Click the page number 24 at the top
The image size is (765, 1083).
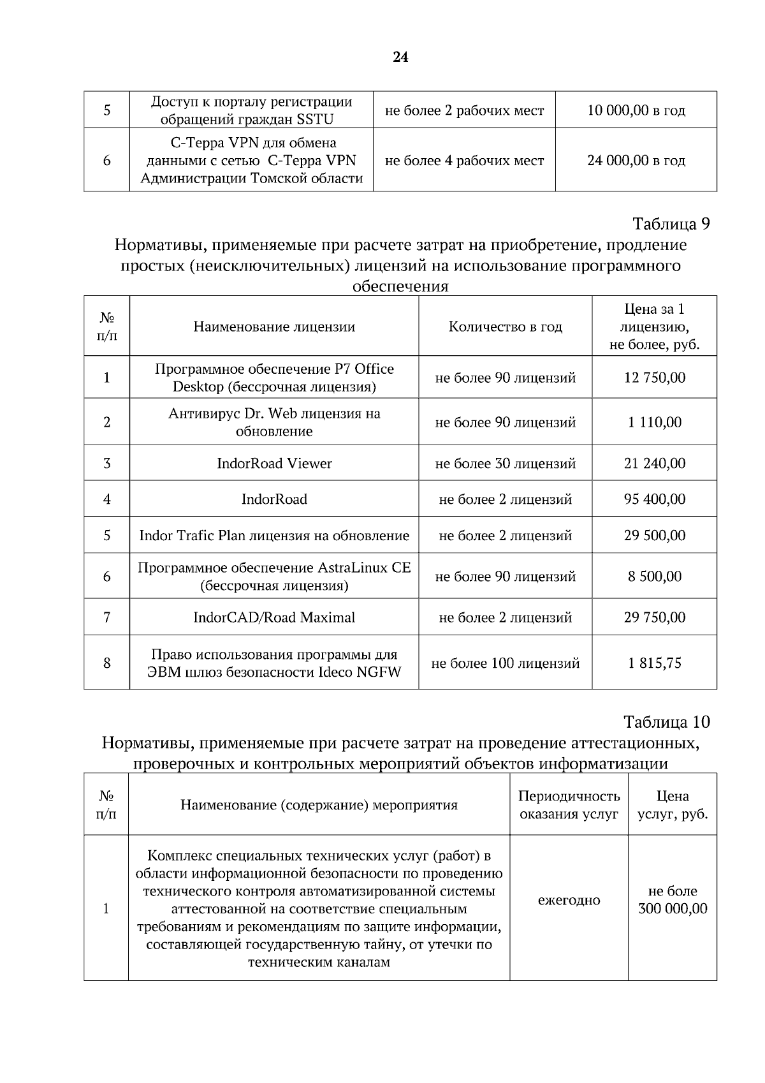[x=400, y=57]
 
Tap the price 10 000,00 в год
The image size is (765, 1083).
[x=636, y=110]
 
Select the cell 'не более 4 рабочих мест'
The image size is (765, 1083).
[x=464, y=160]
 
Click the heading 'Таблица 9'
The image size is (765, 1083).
[x=671, y=224]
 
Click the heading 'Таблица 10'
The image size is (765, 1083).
[x=666, y=722]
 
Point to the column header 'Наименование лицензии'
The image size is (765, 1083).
[x=274, y=327]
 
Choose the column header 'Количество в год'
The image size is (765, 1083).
[x=505, y=327]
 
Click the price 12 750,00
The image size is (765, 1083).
[x=654, y=378]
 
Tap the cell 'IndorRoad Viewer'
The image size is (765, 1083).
[x=274, y=464]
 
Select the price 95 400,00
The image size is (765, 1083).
[x=654, y=499]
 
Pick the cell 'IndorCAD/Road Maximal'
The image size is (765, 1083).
[x=274, y=617]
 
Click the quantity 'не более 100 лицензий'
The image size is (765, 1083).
[x=505, y=663]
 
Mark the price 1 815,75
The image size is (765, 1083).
[x=654, y=663]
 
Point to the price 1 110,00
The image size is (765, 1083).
[x=654, y=422]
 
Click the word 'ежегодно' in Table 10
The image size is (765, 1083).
[x=569, y=900]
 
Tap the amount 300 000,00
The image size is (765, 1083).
[x=673, y=909]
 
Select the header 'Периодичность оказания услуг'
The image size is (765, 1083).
[x=569, y=805]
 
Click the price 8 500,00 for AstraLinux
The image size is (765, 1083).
[x=654, y=577]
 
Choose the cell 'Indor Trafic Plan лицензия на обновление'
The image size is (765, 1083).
[x=274, y=535]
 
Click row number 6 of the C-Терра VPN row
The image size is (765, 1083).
[x=106, y=160]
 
